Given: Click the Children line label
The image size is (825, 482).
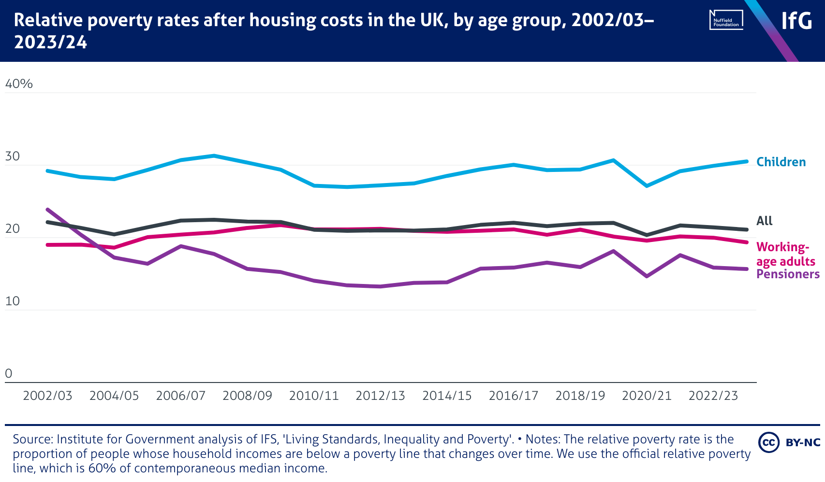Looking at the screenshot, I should pyautogui.click(x=781, y=162).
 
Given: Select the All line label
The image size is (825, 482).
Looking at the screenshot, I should pyautogui.click(x=764, y=221).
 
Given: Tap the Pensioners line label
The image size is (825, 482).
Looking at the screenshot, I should pyautogui.click(x=788, y=274).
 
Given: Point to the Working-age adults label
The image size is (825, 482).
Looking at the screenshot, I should pyautogui.click(x=785, y=254).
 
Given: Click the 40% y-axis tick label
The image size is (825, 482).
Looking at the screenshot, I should pyautogui.click(x=19, y=84).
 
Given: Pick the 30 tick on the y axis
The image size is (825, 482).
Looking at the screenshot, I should pyautogui.click(x=13, y=156).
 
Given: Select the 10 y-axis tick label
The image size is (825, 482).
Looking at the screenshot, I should pyautogui.click(x=13, y=301).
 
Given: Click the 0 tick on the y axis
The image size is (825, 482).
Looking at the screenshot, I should pyautogui.click(x=8, y=373).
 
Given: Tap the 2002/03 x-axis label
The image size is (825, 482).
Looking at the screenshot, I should pyautogui.click(x=47, y=396).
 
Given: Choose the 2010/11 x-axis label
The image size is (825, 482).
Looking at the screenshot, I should pyautogui.click(x=314, y=396).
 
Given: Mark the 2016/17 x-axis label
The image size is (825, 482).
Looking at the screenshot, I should pyautogui.click(x=514, y=396).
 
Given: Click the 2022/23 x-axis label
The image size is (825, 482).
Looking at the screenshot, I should pyautogui.click(x=713, y=396).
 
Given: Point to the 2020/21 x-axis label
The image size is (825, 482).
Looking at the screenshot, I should pyautogui.click(x=647, y=396).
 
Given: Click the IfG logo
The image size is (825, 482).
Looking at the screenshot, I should pyautogui.click(x=796, y=21).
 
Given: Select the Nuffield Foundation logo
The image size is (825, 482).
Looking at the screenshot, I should pyautogui.click(x=726, y=20).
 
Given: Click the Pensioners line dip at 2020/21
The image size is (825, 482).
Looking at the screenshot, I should pyautogui.click(x=647, y=276).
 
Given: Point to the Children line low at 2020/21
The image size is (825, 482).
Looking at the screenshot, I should pyautogui.click(x=647, y=185).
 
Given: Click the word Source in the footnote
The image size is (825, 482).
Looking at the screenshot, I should pyautogui.click(x=33, y=439).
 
